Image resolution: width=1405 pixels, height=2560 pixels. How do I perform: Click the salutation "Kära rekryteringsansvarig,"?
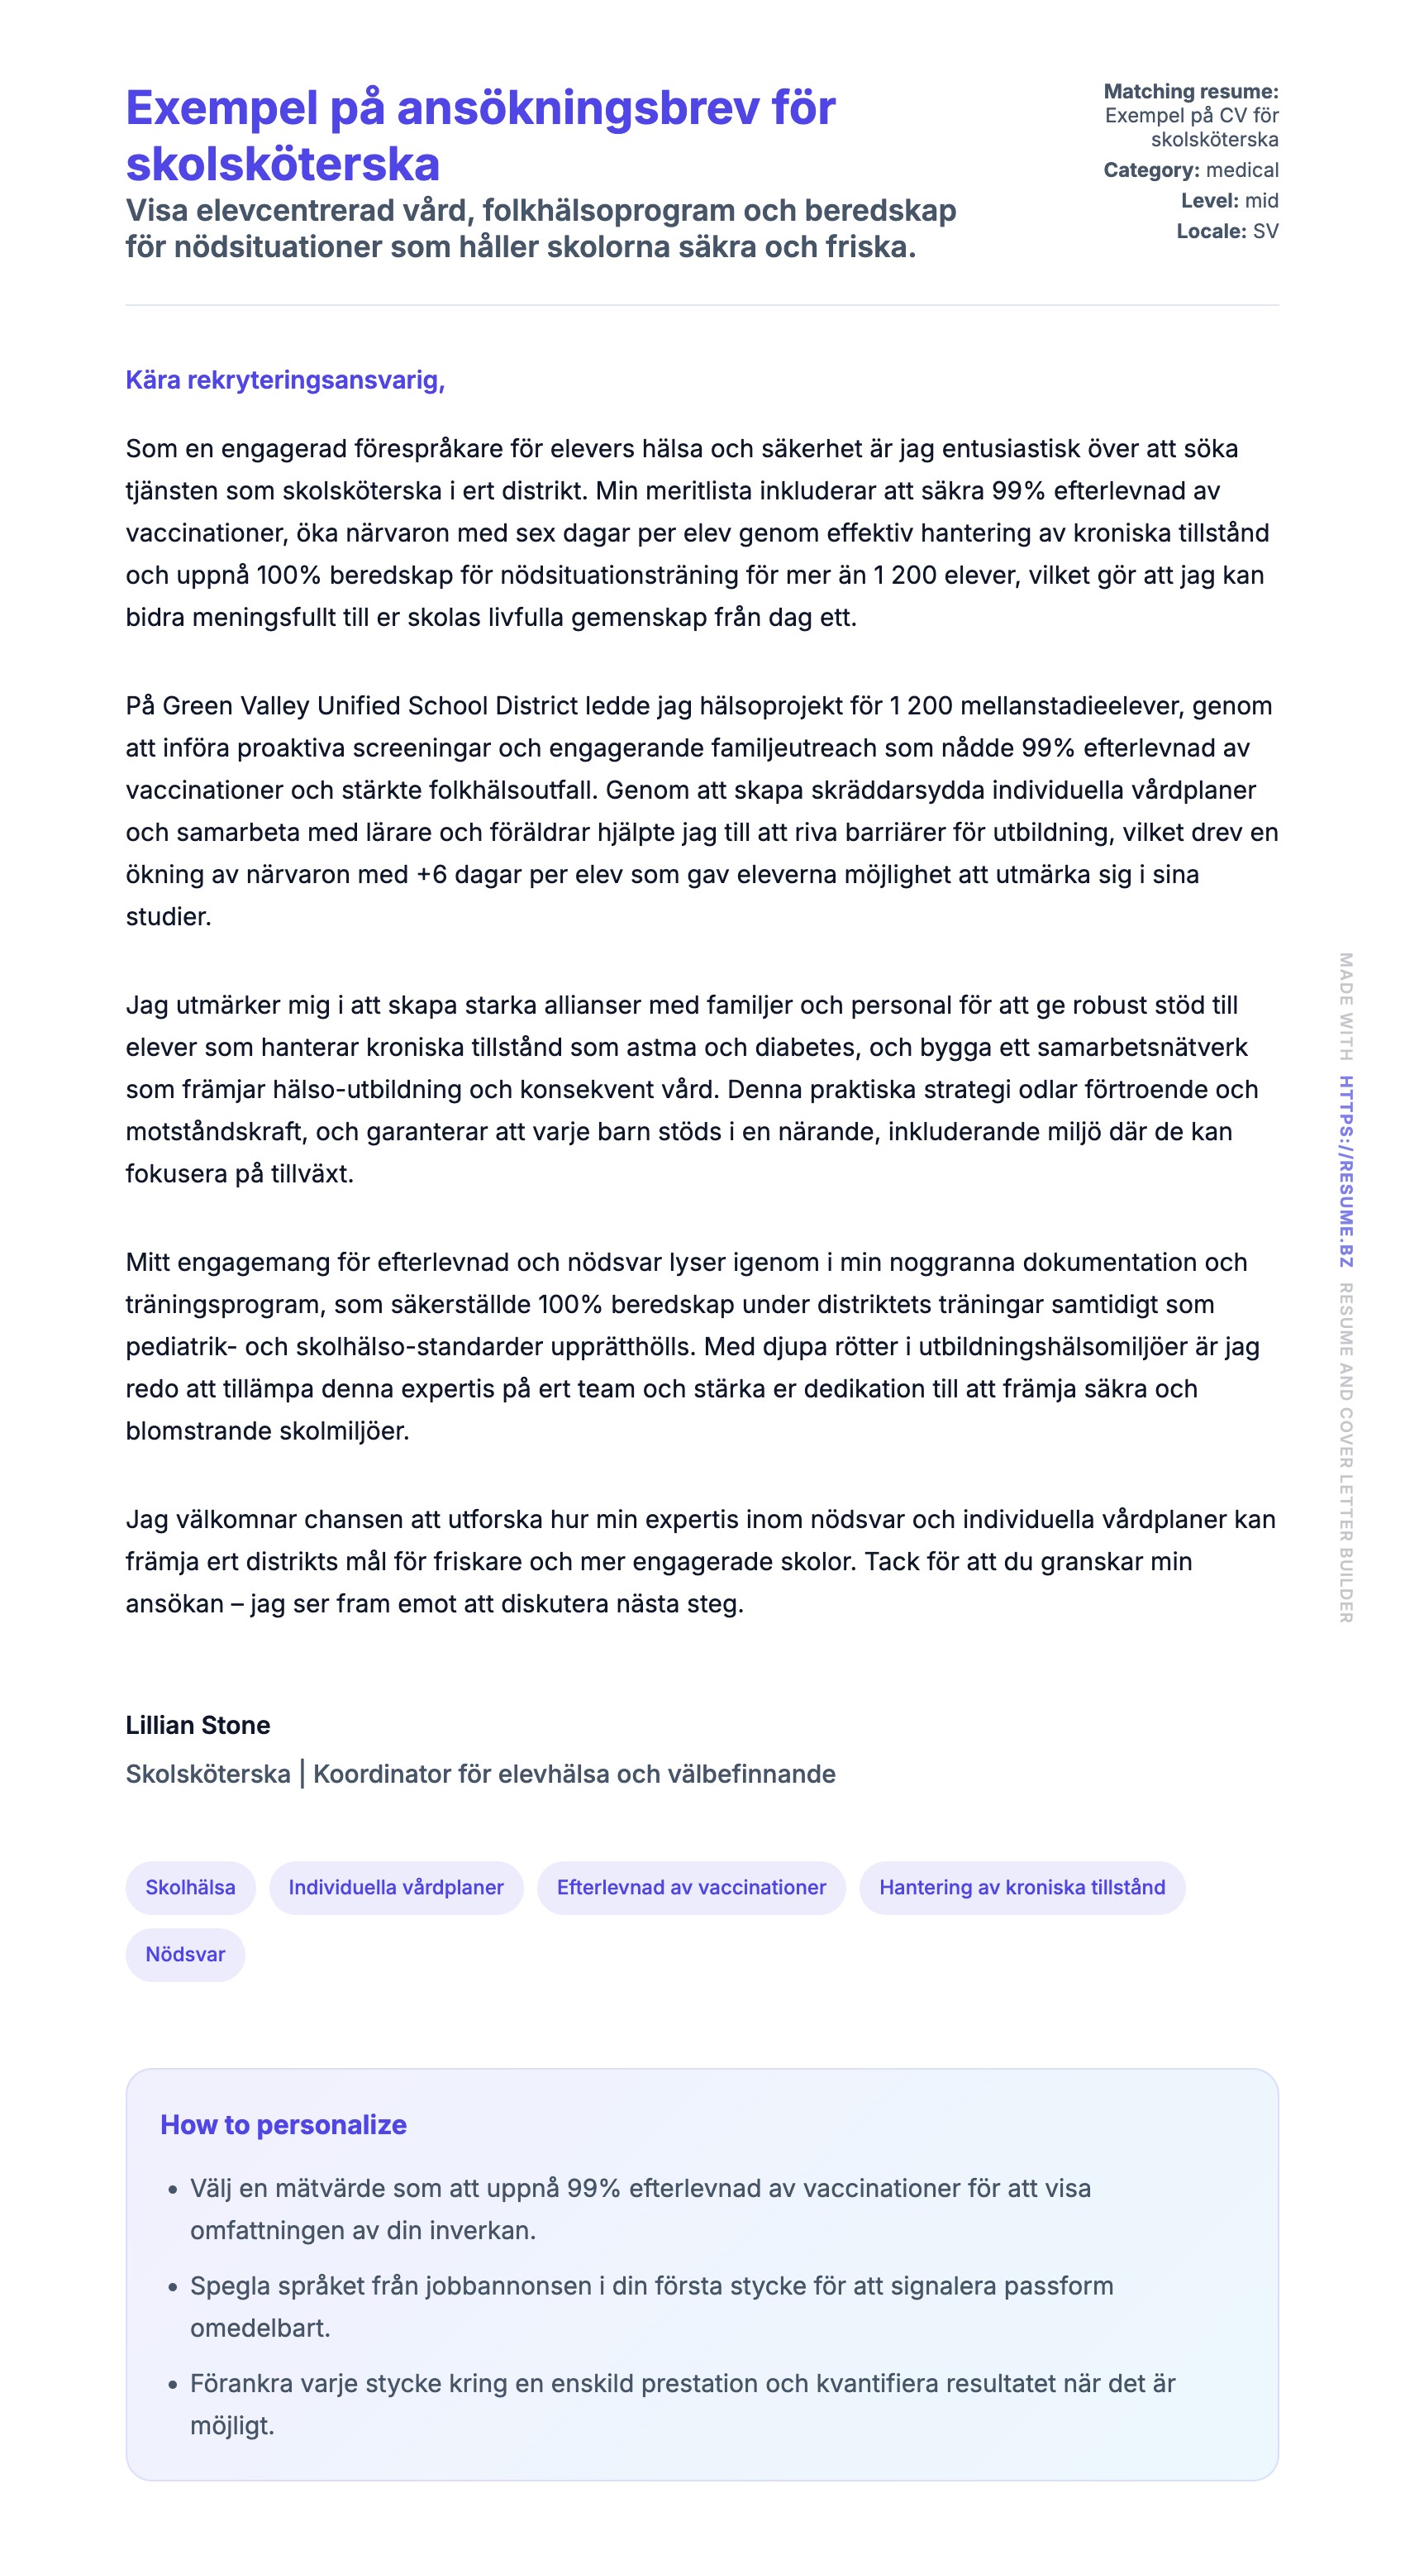click(284, 380)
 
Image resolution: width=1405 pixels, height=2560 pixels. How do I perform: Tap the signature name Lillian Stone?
click(198, 1724)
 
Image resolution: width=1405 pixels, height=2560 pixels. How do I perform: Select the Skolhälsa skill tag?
click(190, 1886)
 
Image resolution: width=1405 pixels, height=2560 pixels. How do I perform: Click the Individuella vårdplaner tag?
click(396, 1886)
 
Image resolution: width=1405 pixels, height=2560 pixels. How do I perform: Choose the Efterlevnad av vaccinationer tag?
click(691, 1886)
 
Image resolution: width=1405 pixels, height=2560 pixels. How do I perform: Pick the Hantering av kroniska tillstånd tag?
click(1022, 1886)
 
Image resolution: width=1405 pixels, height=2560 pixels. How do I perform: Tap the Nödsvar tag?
click(185, 1953)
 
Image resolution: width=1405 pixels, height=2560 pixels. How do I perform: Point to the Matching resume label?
click(1190, 92)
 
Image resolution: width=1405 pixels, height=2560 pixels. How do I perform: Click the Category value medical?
click(1241, 170)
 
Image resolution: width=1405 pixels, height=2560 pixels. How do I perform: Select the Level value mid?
click(1261, 201)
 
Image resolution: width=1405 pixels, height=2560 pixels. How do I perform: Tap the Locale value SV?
click(1264, 232)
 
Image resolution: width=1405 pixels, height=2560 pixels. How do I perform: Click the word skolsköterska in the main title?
click(282, 164)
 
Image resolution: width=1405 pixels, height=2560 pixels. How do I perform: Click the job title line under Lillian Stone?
click(480, 1773)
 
